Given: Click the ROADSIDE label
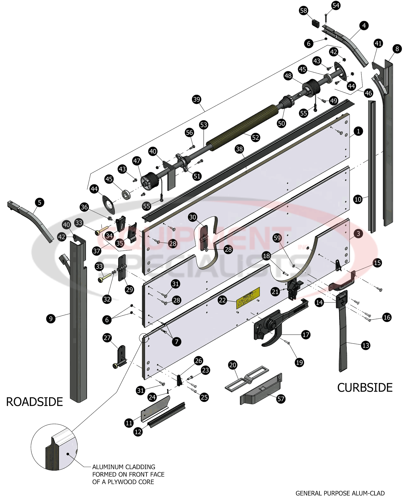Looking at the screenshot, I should point(34,402).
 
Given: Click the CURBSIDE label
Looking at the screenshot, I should point(365,388).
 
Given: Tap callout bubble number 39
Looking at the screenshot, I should point(197,99).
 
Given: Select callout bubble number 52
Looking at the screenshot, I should point(255,137).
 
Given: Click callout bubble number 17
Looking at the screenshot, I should point(306,335).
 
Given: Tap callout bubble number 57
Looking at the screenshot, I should point(281,399).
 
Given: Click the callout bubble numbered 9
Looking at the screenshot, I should point(51,319).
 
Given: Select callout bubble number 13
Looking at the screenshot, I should point(365,345).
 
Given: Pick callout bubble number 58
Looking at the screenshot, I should point(303,11).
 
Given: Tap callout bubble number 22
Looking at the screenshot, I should point(222,300).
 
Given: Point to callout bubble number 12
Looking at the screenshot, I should point(138,432).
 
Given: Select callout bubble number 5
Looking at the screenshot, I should point(39,202).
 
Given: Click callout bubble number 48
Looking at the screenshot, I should point(288,76).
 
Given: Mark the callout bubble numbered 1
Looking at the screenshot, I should point(358,131).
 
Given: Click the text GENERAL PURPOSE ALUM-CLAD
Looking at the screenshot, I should point(340,493).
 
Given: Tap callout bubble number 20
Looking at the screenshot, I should point(232,365).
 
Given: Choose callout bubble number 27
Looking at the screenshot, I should point(107,338).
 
